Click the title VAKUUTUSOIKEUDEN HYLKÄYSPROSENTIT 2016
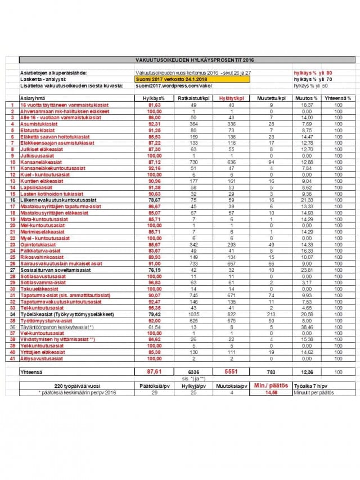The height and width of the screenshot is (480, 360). (187, 59)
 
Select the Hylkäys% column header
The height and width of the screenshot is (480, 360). (150, 98)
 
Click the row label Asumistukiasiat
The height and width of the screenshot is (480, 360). (37, 123)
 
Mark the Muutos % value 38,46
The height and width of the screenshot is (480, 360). (307, 327)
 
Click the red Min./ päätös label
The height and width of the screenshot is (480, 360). (271, 385)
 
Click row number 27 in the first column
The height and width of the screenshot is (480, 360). (12, 270)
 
